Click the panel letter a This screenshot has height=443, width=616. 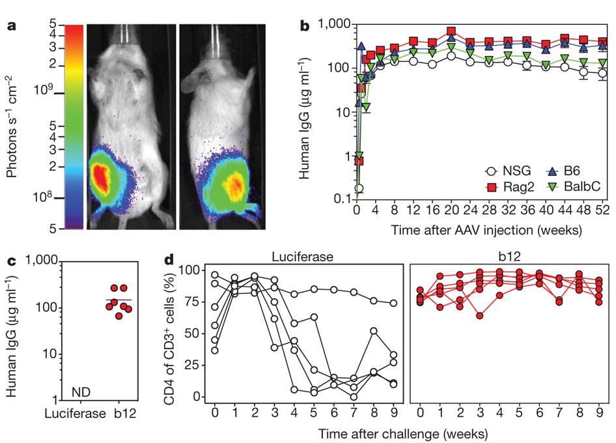pos(10,27)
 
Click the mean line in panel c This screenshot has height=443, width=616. pos(118,300)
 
